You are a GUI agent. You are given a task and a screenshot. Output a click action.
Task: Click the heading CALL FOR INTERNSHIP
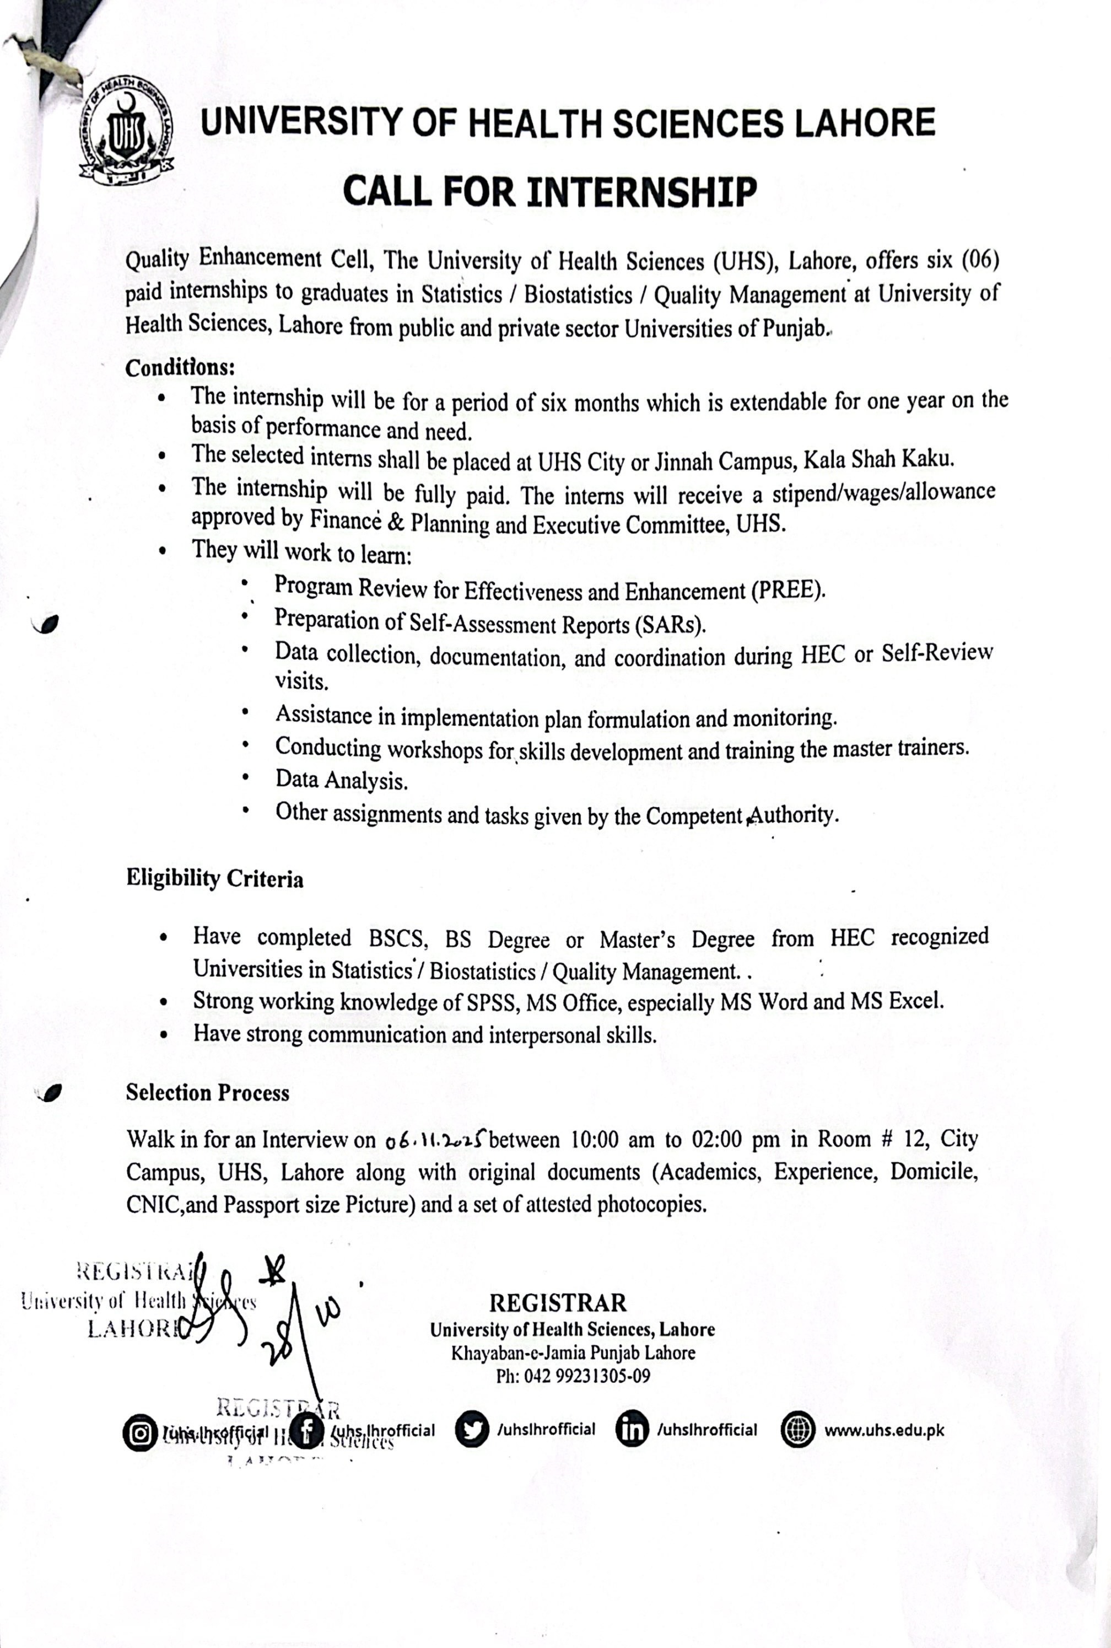[x=550, y=191]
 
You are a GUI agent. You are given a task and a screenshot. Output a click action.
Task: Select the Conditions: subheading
[x=180, y=368]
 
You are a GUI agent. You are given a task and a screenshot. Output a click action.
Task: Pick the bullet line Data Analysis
[x=342, y=780]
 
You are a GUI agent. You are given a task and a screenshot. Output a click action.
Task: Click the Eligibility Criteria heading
[x=215, y=878]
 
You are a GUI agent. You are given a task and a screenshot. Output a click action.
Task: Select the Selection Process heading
[x=208, y=1092]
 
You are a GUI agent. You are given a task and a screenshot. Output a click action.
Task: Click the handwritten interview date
[x=434, y=1139]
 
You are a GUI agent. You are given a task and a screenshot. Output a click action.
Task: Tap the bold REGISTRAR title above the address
[x=558, y=1302]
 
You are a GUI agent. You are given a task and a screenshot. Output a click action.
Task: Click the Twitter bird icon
[x=472, y=1430]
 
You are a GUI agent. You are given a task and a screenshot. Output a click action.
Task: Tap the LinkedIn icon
[x=632, y=1430]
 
